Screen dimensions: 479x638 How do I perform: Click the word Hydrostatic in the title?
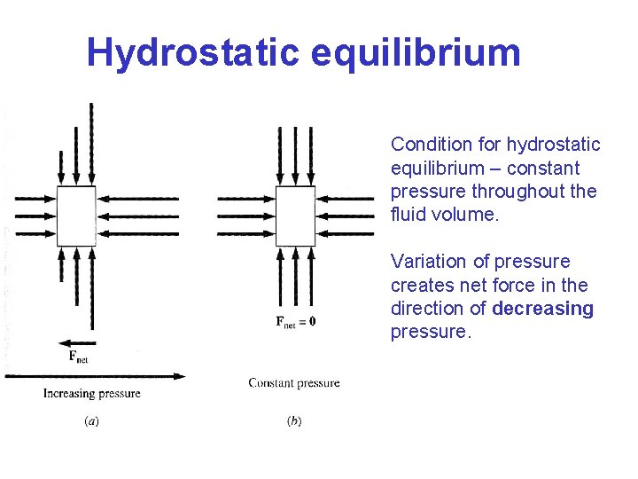[x=193, y=53]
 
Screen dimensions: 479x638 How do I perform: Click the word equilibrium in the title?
[x=416, y=53]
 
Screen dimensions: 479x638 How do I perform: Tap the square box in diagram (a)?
[x=76, y=216]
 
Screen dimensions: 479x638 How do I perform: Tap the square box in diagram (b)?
[x=295, y=216]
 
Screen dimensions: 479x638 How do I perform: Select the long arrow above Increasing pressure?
[x=94, y=376]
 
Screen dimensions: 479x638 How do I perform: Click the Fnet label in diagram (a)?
[x=78, y=357]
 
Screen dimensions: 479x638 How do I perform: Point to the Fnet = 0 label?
[x=295, y=321]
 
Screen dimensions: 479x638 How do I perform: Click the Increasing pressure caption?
[x=92, y=393]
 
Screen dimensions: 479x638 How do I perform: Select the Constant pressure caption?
[x=293, y=383]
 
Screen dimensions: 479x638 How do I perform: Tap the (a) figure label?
[x=90, y=421]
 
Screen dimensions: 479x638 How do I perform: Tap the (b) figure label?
[x=293, y=421]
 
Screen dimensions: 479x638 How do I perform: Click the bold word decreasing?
[x=542, y=309]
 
